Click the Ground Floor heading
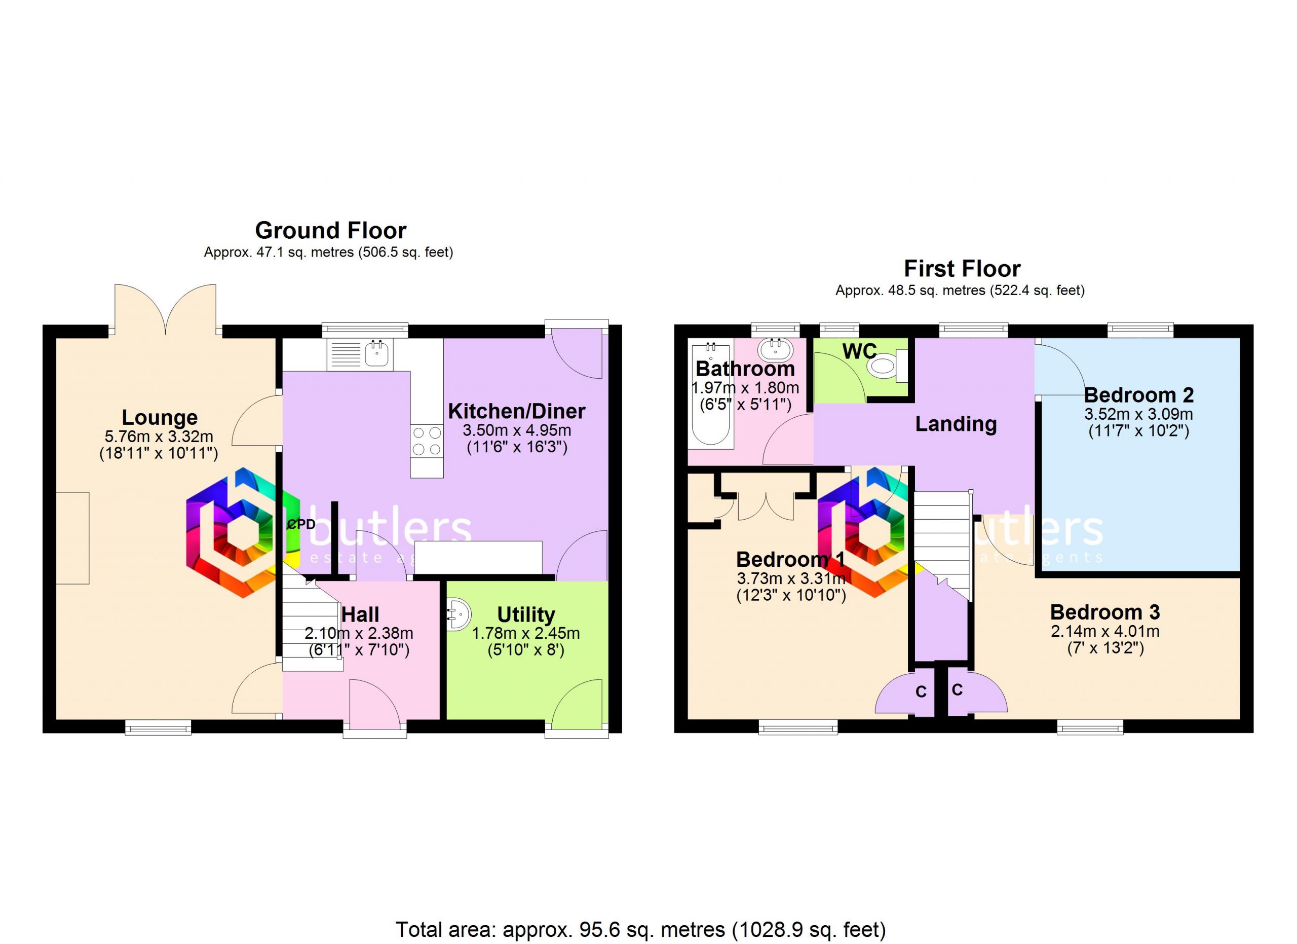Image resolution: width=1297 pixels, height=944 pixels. [x=330, y=231]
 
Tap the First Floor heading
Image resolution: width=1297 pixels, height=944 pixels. [x=962, y=269]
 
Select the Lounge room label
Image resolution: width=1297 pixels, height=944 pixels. [x=160, y=417]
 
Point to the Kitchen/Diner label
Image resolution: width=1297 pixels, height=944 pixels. [x=516, y=411]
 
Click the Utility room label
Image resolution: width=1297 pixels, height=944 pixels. [x=526, y=614]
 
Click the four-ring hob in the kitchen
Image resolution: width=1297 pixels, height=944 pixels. [x=427, y=441]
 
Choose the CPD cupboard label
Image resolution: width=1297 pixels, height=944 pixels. [x=301, y=524]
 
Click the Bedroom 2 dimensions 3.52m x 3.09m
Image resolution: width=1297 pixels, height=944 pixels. [x=1138, y=414]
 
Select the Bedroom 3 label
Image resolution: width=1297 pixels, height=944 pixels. [x=1105, y=612]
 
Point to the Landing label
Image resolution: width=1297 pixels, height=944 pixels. [x=956, y=424]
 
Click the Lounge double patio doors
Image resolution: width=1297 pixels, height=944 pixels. [x=165, y=309]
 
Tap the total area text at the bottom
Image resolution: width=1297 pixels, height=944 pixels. [x=640, y=930]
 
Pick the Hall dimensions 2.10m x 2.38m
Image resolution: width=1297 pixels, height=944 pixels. [x=359, y=633]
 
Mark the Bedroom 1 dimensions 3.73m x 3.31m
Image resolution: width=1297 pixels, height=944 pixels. [x=791, y=578]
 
